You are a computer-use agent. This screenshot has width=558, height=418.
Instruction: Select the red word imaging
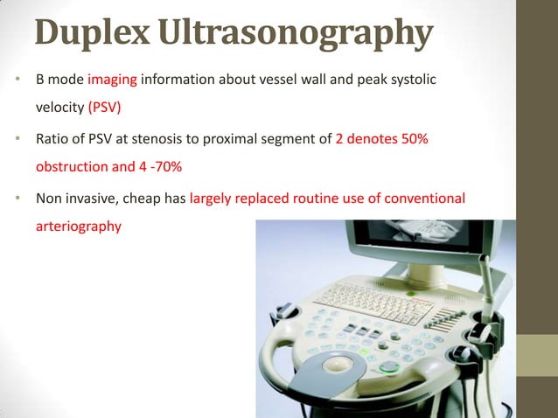click(112, 80)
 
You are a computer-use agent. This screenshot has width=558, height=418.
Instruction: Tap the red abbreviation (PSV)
click(106, 108)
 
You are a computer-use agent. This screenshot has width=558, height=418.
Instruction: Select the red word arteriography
click(79, 226)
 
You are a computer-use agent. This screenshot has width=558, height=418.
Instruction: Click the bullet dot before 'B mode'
click(17, 80)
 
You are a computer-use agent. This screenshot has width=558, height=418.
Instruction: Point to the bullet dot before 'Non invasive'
click(17, 198)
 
